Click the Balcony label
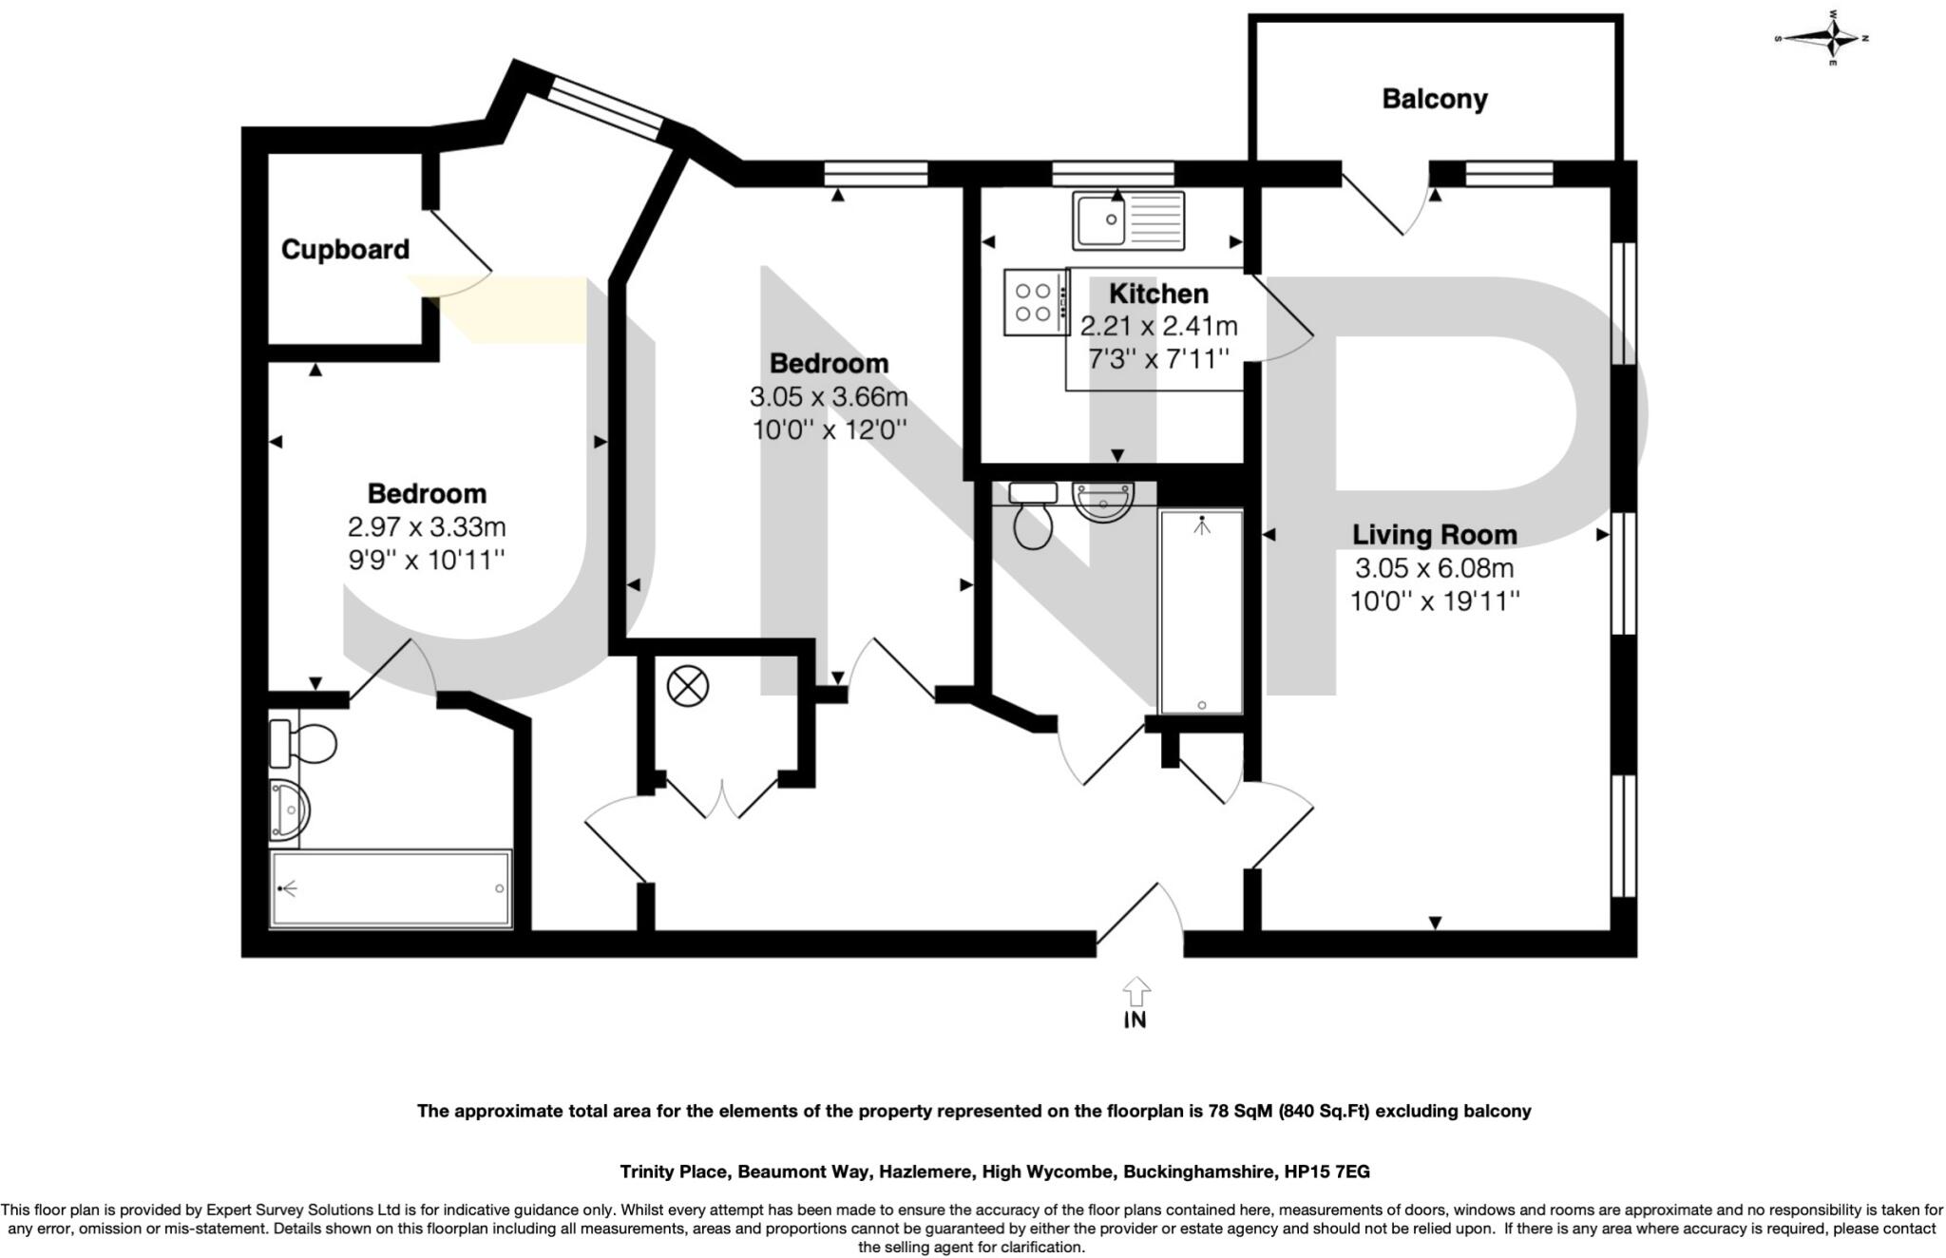1434,99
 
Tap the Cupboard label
345,250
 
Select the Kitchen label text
1158,294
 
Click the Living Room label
1434,535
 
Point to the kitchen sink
1128,220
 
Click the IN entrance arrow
1135,994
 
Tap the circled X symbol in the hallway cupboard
688,686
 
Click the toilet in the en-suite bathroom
304,743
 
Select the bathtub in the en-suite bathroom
391,889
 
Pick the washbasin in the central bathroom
1102,502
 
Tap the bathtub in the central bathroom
1201,612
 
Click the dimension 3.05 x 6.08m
1434,568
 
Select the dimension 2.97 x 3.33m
427,526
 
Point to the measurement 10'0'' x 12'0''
829,429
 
